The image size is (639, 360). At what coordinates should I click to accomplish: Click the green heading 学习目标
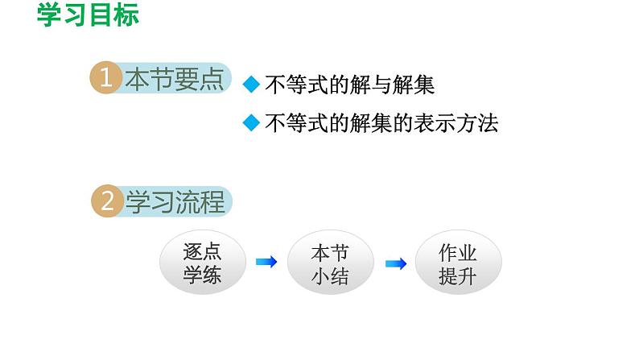point(88,16)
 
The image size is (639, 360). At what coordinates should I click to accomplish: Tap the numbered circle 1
point(105,79)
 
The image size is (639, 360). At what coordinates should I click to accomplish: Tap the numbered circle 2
point(105,201)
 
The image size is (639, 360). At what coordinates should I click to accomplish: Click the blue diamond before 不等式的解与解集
point(252,85)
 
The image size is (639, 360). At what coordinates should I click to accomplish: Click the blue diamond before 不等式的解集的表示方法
point(252,123)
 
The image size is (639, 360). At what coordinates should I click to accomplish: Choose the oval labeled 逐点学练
point(201,263)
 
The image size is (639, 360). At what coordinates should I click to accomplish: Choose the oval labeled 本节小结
point(331,263)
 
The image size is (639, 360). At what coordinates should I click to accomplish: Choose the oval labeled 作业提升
point(458,263)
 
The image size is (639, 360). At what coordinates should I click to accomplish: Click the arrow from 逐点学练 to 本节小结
point(266,262)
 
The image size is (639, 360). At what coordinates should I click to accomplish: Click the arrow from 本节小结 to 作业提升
point(395,263)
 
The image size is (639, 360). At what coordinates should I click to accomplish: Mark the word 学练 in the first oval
point(201,275)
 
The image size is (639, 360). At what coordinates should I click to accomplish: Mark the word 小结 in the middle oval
point(331,275)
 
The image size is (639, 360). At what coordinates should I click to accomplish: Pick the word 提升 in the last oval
point(458,275)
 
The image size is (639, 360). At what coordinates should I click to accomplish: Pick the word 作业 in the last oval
point(458,252)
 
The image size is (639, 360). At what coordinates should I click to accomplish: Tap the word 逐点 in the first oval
point(201,251)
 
